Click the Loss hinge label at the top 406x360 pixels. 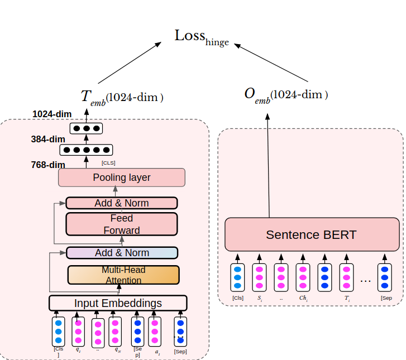[x=202, y=37]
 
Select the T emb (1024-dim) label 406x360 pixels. [x=122, y=97]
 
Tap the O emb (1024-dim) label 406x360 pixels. [x=285, y=95]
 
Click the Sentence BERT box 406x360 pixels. [x=311, y=234]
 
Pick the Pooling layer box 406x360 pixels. [x=121, y=177]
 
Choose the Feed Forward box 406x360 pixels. [x=121, y=224]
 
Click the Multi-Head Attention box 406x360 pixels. [x=123, y=275]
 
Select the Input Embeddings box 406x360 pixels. [x=118, y=303]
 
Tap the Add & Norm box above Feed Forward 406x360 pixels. [x=121, y=203]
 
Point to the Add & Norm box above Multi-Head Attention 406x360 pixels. [x=122, y=253]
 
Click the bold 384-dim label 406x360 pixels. [x=48, y=139]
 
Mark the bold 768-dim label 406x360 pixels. [x=48, y=165]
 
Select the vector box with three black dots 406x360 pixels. [x=86, y=128]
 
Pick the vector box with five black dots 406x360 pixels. [x=86, y=150]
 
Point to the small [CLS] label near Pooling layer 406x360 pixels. [x=108, y=163]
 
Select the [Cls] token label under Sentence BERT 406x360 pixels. [x=238, y=298]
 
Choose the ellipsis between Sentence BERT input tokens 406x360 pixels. [x=366, y=280]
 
